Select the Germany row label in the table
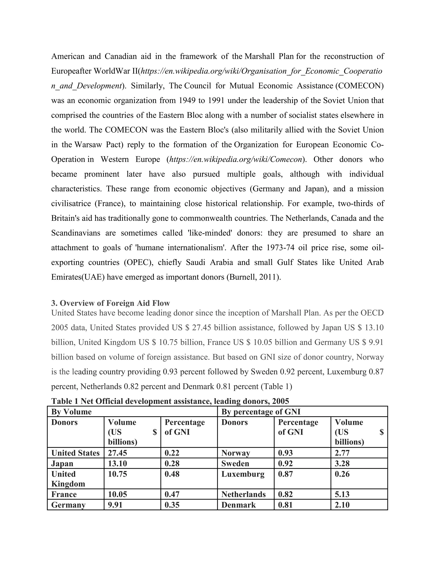coord(68,505)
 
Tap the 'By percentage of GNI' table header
coord(261,412)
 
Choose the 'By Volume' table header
coord(71,412)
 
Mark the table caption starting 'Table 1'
coord(170,401)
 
